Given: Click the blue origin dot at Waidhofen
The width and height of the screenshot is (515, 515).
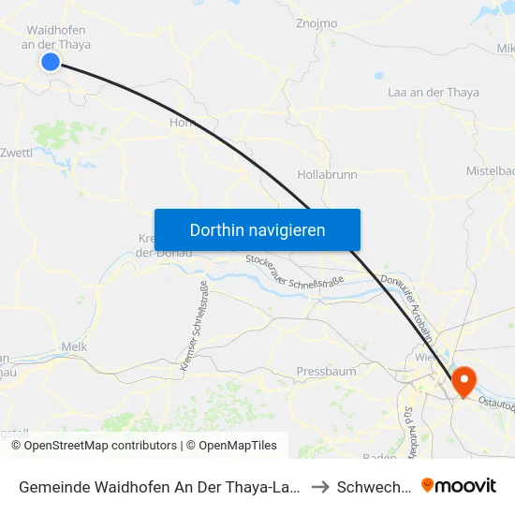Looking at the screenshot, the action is tap(51, 62).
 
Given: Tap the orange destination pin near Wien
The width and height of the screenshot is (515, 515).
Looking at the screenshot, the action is tap(463, 381).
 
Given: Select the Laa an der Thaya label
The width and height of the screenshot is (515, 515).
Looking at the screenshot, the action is tap(433, 92).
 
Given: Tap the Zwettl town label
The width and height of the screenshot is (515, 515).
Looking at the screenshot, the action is tap(17, 153).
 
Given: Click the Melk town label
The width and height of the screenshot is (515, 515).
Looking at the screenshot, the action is tap(73, 346).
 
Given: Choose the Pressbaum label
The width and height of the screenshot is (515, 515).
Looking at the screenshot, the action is tap(326, 371).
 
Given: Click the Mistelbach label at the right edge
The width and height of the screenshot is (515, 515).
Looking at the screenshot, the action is tap(491, 170).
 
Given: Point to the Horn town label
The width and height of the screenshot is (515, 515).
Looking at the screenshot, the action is tap(181, 123).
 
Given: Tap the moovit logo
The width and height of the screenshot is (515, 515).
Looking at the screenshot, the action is tap(459, 485).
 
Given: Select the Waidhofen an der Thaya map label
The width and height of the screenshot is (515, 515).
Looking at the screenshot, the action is tap(56, 37).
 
